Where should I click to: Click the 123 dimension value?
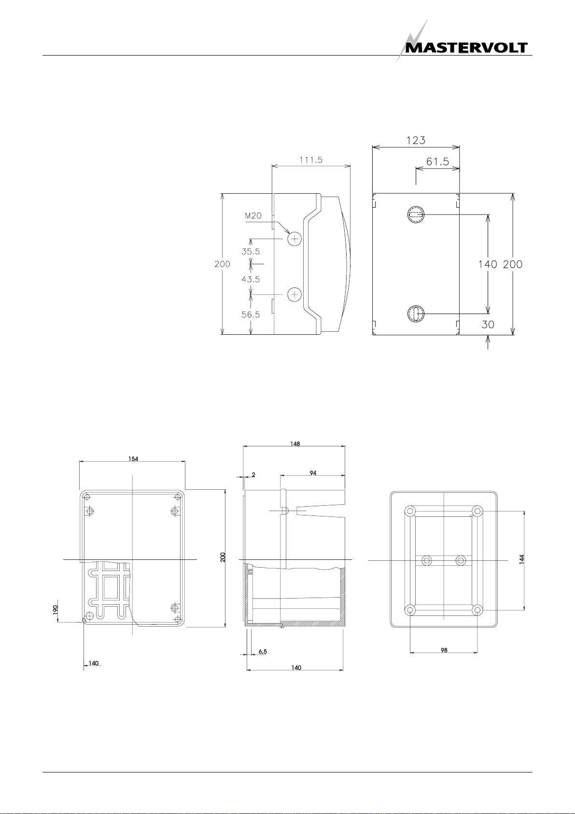(416, 140)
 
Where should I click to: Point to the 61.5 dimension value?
(437, 161)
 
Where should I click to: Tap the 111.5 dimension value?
(310, 160)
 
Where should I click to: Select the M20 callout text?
(253, 215)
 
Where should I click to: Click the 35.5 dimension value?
(251, 251)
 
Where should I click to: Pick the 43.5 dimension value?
(251, 279)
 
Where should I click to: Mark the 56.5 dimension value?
(251, 314)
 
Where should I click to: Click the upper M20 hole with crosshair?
(295, 239)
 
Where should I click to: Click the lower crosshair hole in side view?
(295, 294)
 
